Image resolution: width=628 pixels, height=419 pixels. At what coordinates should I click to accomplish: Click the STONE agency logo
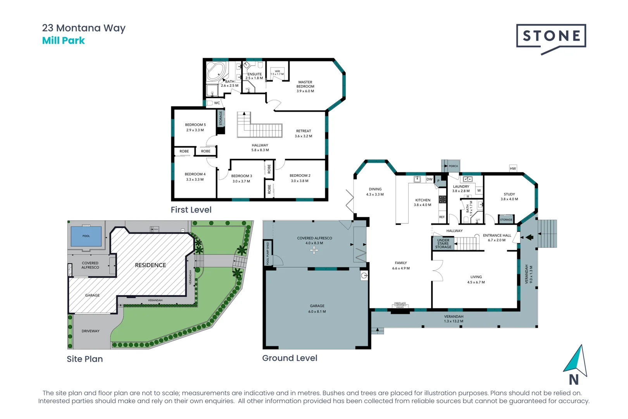551,37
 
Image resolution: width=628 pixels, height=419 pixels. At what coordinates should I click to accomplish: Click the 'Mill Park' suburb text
63,41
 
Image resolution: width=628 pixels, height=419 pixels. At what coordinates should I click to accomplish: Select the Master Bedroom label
305,87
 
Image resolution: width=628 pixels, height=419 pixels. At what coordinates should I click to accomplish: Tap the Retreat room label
304,133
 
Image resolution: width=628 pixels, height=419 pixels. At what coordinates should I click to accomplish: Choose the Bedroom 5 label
195,127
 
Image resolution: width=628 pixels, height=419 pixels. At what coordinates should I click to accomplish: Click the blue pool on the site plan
86,236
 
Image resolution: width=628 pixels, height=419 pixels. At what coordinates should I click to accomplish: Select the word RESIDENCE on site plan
150,265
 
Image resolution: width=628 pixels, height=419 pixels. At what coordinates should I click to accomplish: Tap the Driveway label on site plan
90,331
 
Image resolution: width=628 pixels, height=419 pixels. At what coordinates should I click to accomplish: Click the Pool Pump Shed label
267,253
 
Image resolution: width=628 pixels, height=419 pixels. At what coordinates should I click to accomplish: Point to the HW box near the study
513,168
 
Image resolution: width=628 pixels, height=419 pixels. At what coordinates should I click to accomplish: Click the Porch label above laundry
453,166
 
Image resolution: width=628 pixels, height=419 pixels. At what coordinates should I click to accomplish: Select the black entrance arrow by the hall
529,237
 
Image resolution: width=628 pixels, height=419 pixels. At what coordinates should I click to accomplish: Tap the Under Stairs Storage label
443,244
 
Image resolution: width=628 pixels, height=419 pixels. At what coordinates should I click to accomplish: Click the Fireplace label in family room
400,303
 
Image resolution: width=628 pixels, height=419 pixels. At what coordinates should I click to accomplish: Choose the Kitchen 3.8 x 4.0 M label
423,203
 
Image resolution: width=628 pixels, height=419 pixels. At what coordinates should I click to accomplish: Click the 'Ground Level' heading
290,358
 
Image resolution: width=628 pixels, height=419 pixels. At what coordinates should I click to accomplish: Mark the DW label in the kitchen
430,179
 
